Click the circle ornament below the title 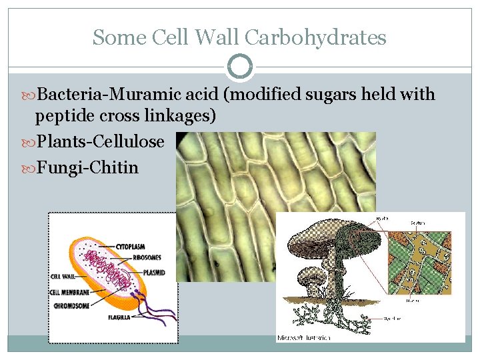pos(240,67)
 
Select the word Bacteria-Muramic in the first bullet pos(127,95)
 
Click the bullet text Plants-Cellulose pos(100,141)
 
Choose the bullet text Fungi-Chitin pos(87,167)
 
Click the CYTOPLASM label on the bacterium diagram pos(131,246)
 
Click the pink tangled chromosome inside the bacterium pos(108,267)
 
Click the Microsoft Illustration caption pos(303,338)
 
